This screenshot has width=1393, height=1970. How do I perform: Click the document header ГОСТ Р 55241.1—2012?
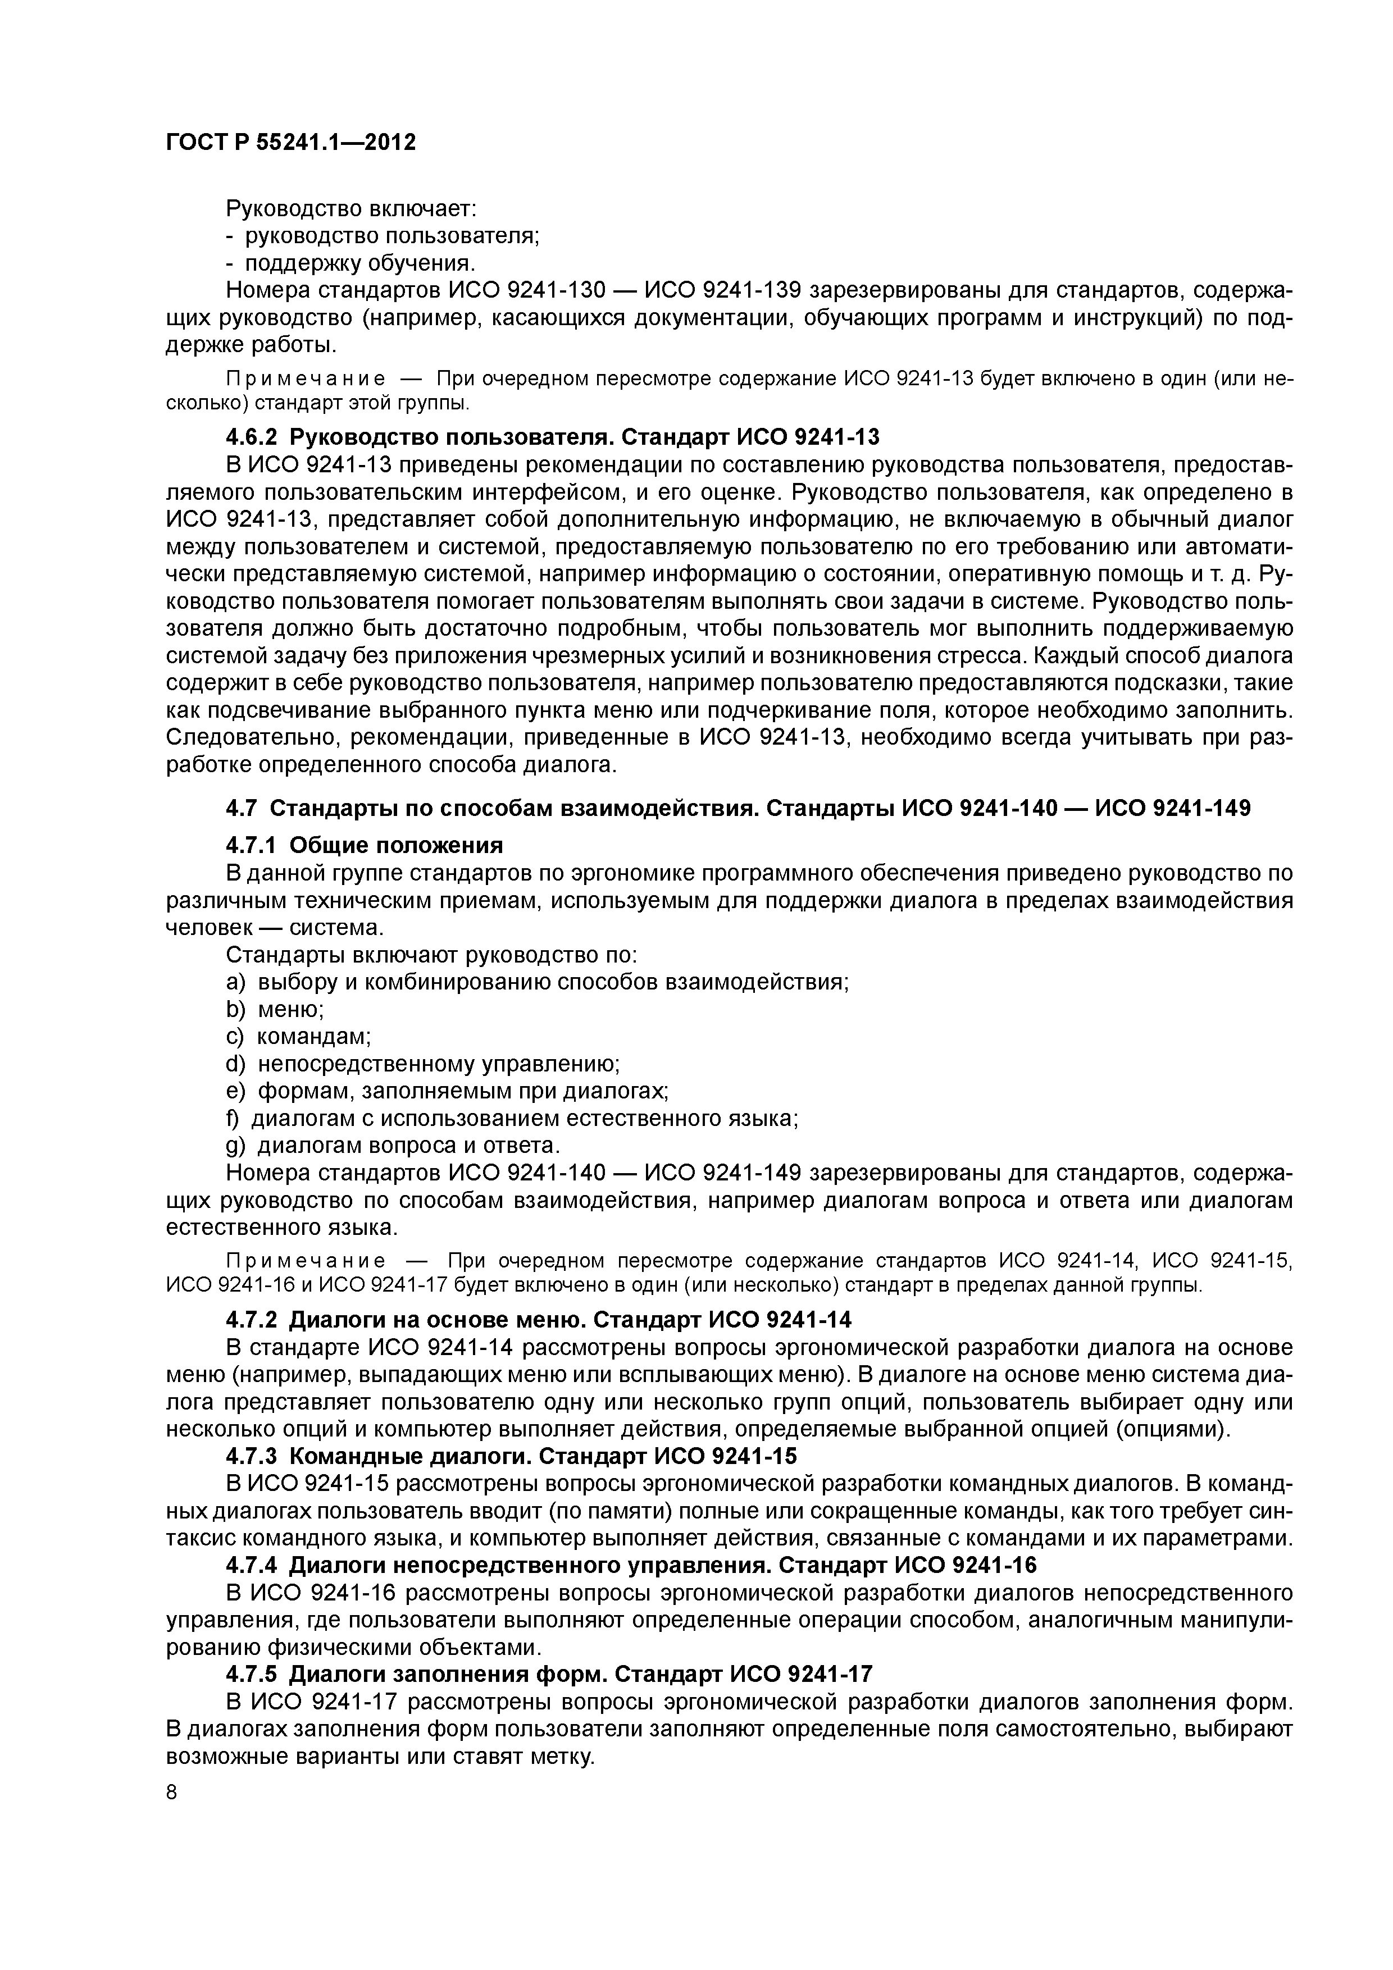(290, 142)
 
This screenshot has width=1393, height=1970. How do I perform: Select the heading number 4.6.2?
(252, 437)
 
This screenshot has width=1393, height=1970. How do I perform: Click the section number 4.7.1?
(252, 845)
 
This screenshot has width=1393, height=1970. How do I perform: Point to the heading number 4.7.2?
(252, 1319)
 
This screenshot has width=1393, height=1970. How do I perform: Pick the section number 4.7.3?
(252, 1456)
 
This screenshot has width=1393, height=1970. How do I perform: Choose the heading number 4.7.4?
(252, 1566)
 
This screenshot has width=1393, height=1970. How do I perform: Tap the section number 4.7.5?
(252, 1674)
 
